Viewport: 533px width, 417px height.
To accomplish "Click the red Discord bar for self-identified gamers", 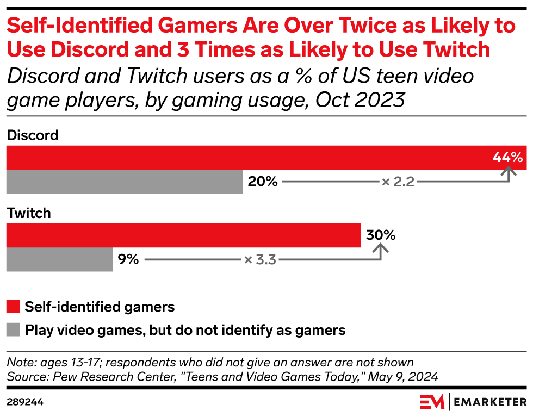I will coord(245,158).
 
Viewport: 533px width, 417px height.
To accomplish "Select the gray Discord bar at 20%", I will coord(125,182).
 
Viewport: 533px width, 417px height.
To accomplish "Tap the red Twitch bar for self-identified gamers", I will coord(183,235).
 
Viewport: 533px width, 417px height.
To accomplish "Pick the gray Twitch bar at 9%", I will coord(59,259).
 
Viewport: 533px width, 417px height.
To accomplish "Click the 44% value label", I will coord(507,157).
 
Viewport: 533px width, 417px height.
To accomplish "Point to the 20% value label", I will coord(263,182).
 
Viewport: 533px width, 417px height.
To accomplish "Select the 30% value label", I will coord(380,235).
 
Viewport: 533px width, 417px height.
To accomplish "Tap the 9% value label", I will coord(128,259).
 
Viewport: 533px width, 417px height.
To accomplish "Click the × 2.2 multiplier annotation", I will coord(398,182).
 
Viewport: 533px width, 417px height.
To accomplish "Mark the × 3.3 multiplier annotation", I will coord(260,260).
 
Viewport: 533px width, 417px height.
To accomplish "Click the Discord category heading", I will coord(33,135).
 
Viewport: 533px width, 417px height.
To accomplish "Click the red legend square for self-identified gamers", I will coord(13,307).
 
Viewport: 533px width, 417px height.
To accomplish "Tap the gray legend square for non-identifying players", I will coord(13,330).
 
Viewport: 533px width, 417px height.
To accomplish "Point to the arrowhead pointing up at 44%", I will coord(509,172).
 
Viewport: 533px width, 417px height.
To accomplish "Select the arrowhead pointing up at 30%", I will coord(381,249).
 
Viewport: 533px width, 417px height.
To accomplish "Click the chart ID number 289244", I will coord(25,402).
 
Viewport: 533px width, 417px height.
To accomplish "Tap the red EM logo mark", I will coord(432,402).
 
